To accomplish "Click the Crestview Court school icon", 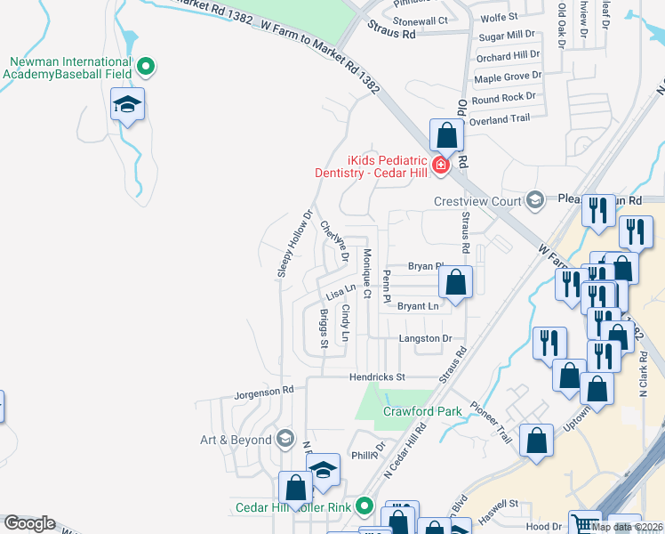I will pyautogui.click(x=534, y=199).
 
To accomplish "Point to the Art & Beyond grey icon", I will pyautogui.click(x=284, y=438).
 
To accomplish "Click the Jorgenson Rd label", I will pyautogui.click(x=263, y=392).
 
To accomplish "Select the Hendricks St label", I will pyautogui.click(x=376, y=377).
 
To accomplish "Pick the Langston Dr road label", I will pyautogui.click(x=426, y=339).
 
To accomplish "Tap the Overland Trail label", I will pyautogui.click(x=500, y=119).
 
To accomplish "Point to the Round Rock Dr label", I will pyautogui.click(x=505, y=97).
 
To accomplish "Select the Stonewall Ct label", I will pyautogui.click(x=420, y=20).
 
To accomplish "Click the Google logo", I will pyautogui.click(x=29, y=523).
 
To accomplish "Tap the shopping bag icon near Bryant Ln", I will pyautogui.click(x=456, y=283).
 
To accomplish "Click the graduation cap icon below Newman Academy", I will pyautogui.click(x=128, y=106).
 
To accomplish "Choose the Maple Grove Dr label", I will pyautogui.click(x=508, y=77).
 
